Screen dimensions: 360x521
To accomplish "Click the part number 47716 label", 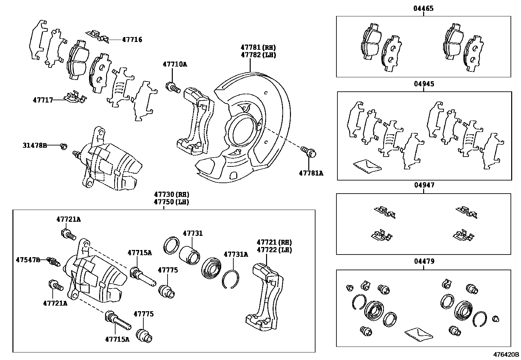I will (x=132, y=40).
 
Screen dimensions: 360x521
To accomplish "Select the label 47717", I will (x=43, y=100).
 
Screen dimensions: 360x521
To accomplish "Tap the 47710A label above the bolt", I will (x=175, y=64).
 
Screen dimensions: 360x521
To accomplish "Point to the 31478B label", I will (x=35, y=145).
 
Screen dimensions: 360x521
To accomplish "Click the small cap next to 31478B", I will (x=64, y=146).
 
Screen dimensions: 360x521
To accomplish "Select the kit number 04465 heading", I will (x=423, y=9).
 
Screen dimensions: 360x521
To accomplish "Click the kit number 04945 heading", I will (x=424, y=84).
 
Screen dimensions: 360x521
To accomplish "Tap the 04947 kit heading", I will (x=424, y=185).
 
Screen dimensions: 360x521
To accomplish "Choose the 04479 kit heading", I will (x=424, y=261).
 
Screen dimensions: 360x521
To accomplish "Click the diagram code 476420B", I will (x=506, y=354).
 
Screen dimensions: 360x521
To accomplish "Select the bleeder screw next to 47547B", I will (x=54, y=261).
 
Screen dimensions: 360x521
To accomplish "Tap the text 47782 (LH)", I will (x=258, y=55).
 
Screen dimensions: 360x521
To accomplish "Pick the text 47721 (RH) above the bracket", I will (x=274, y=242).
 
